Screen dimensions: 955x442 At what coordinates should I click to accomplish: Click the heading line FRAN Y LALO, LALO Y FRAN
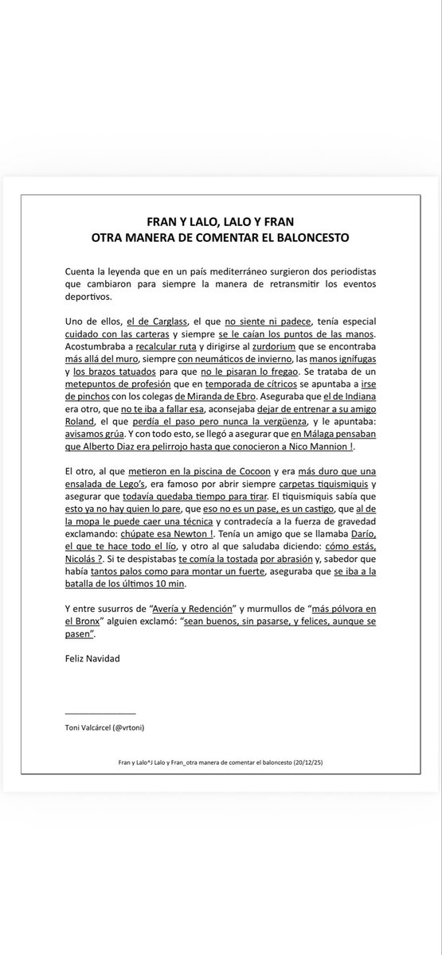[221, 220]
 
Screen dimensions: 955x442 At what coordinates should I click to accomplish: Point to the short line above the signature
[101, 712]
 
